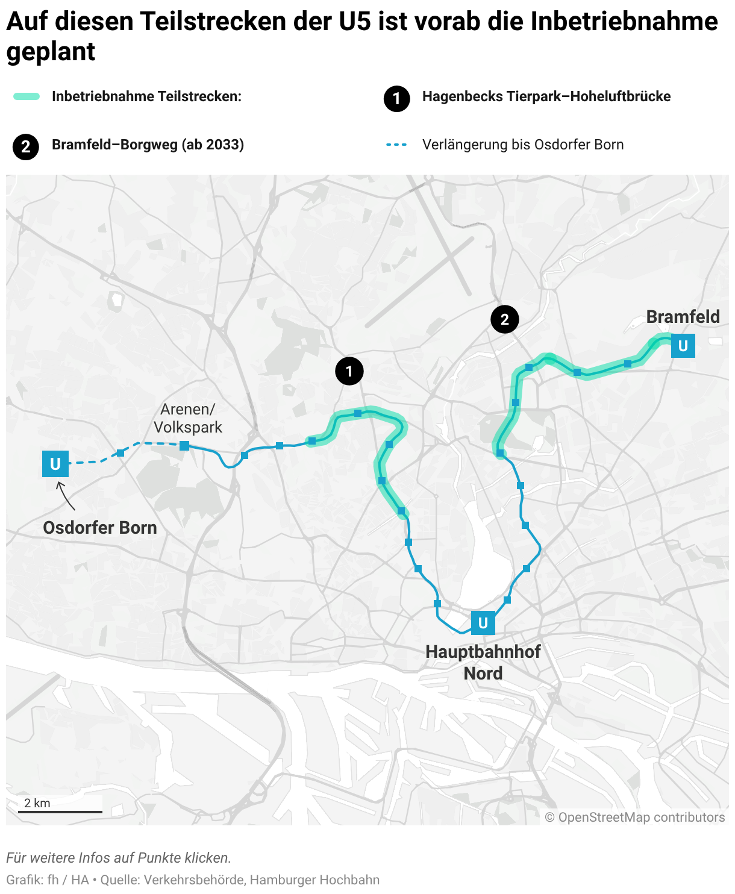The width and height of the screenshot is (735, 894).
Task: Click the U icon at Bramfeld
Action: [683, 346]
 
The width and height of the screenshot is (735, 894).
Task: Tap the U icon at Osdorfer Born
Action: [55, 464]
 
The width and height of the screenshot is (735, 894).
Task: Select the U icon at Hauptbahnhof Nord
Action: [483, 623]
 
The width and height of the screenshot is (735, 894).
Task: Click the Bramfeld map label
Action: [683, 317]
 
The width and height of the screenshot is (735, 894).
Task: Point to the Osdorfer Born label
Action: [100, 528]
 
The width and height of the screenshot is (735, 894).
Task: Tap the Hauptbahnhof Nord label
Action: [483, 662]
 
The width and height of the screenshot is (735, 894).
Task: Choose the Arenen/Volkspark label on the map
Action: [188, 418]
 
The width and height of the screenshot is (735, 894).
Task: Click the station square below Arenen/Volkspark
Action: [184, 446]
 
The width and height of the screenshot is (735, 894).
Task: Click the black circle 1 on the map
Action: [349, 371]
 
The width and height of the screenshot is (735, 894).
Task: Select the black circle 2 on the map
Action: [505, 319]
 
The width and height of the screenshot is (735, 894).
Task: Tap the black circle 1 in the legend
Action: [396, 98]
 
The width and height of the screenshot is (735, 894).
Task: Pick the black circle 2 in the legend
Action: [26, 146]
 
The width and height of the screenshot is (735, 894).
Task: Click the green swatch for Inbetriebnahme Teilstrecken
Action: [27, 96]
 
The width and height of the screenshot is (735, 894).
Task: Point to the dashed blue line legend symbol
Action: [396, 145]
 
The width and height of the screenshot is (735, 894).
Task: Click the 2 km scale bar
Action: [60, 811]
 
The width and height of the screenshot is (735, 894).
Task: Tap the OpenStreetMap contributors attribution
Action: [635, 817]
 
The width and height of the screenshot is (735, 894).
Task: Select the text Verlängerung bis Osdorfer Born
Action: [523, 145]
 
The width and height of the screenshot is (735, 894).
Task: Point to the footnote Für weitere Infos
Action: [119, 858]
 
